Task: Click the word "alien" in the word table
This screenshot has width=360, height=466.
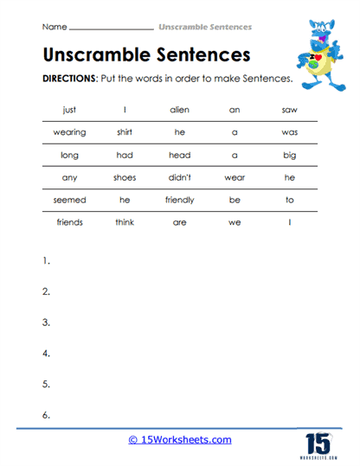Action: [179, 110]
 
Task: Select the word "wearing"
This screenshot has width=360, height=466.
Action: [69, 132]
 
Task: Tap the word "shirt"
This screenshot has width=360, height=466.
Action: [125, 132]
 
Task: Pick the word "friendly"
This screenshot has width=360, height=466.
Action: [179, 200]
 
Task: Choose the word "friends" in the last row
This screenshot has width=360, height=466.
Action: [69, 221]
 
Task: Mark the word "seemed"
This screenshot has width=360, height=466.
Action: [69, 200]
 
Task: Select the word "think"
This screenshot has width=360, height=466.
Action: [125, 221]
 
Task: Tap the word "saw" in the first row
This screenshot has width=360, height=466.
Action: [289, 110]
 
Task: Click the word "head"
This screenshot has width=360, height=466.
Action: [179, 155]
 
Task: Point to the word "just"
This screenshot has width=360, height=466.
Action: [69, 110]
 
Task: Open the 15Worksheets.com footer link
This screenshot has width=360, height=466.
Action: [180, 440]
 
